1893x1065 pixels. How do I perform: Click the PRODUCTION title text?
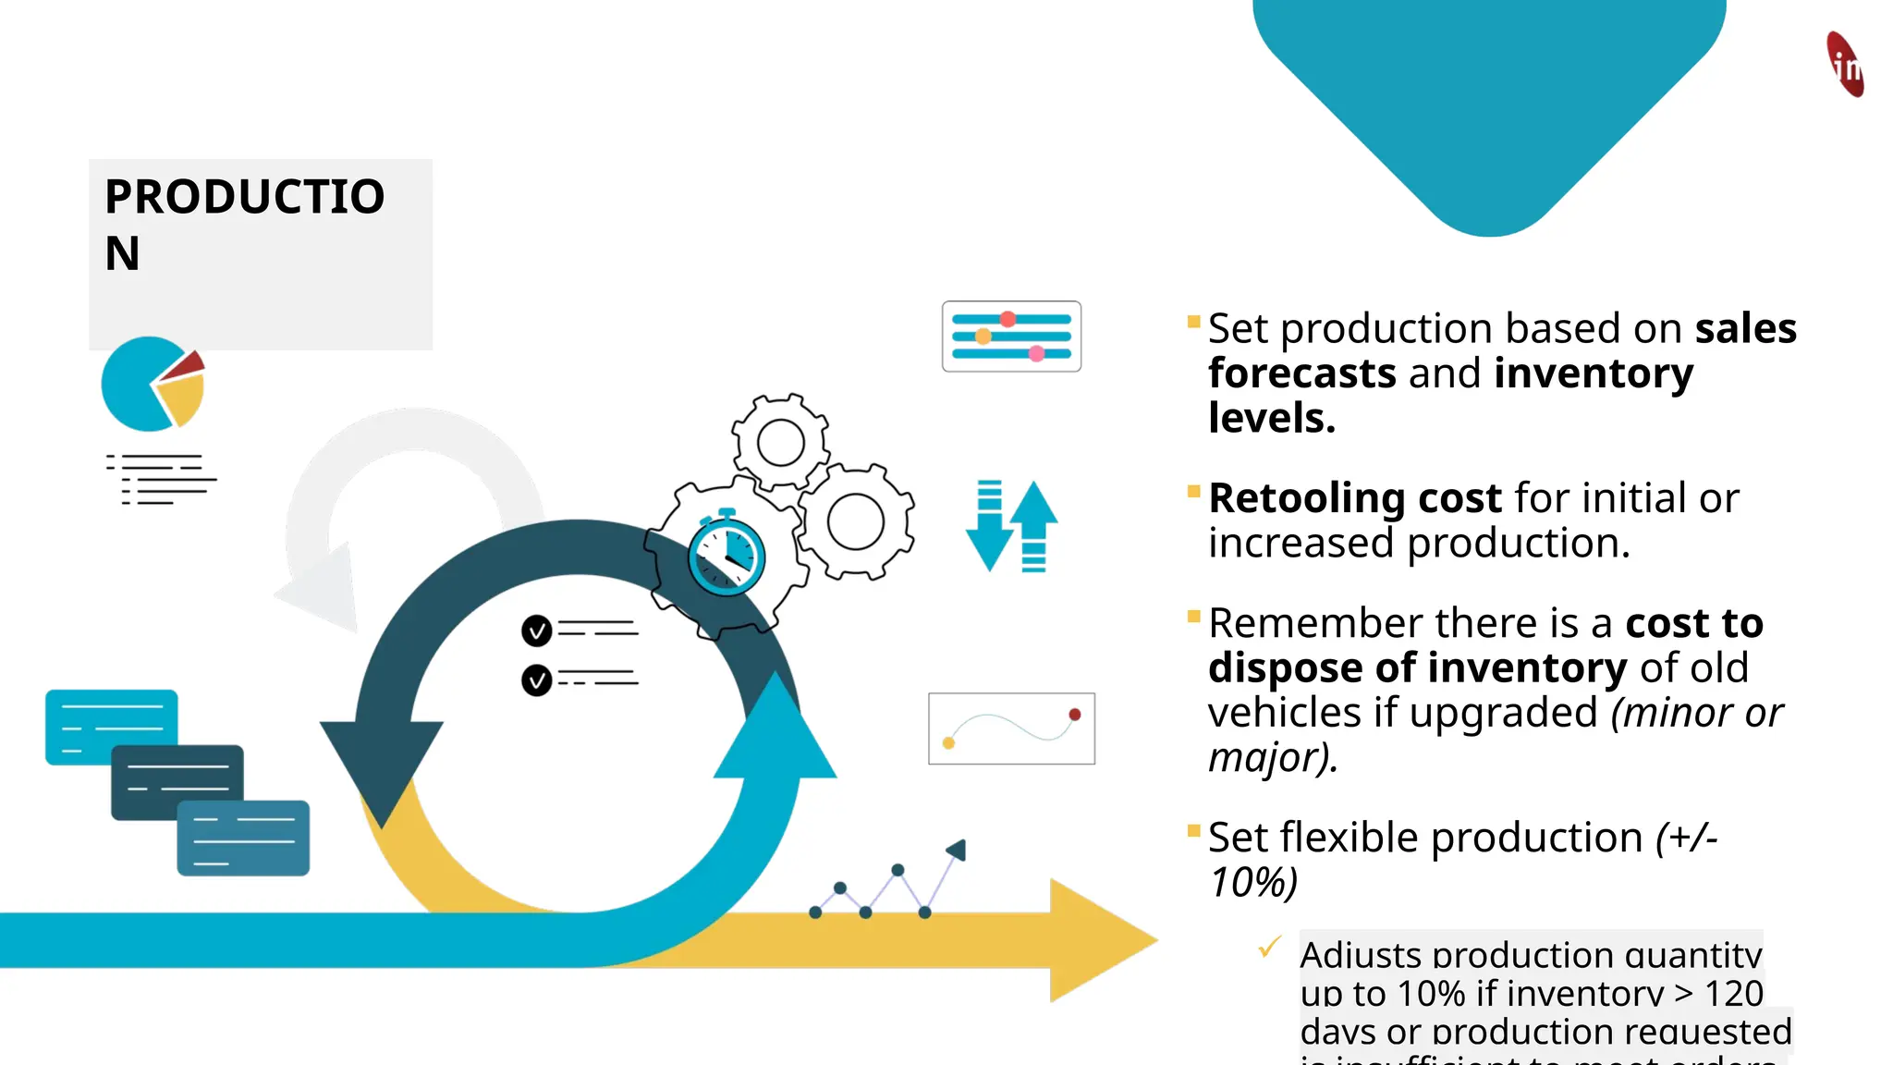click(244, 224)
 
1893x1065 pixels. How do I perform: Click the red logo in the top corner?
click(1845, 64)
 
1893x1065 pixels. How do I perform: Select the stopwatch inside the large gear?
click(727, 556)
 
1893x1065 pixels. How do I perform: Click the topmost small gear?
click(780, 442)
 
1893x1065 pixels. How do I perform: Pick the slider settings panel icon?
click(1011, 337)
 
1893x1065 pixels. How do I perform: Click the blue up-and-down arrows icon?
click(1012, 526)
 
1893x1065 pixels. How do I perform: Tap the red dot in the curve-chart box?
click(1075, 715)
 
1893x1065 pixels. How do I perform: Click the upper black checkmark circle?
click(536, 630)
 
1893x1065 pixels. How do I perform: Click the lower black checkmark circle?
click(536, 680)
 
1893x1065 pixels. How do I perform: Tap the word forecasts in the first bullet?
click(1301, 373)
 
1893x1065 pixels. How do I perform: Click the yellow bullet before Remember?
click(1193, 617)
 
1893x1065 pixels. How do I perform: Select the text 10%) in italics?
click(1253, 882)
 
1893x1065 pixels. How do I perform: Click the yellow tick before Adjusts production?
click(1270, 947)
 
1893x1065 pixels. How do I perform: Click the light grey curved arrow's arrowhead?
click(324, 592)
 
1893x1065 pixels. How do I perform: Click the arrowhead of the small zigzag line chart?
click(957, 850)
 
